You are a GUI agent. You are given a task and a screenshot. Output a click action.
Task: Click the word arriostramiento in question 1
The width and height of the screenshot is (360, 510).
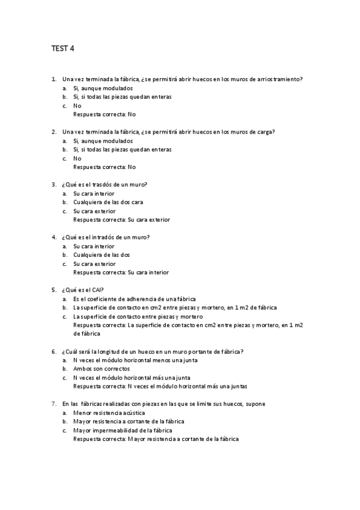point(279,79)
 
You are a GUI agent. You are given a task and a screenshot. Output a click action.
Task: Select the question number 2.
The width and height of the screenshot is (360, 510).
point(55,132)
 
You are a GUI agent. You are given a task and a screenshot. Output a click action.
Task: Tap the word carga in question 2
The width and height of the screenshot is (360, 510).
point(263,132)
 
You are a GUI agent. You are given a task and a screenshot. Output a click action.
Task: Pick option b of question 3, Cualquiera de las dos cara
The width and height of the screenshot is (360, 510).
point(108,202)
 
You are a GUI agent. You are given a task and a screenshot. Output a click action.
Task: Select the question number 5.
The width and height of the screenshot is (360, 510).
point(55,290)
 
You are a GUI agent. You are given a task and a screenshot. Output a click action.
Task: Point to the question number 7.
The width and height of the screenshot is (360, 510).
point(55,404)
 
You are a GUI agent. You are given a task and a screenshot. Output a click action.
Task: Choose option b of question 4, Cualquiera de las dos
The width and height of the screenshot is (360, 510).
point(101,254)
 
